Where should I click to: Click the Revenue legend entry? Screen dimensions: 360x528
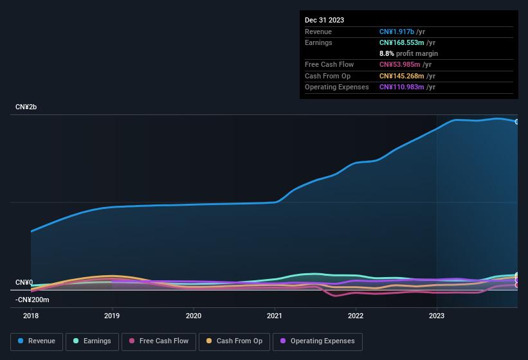[x=37, y=341]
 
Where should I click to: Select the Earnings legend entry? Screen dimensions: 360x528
[x=91, y=341]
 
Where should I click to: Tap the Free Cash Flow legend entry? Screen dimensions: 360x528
[x=159, y=341]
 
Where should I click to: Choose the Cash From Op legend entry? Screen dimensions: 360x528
[x=234, y=341]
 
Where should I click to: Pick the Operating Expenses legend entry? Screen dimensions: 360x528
[x=318, y=341]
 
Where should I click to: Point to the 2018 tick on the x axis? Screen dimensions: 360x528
[x=31, y=316]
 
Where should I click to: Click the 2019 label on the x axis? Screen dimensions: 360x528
[x=112, y=316]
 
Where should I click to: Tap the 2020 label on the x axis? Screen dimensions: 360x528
[x=193, y=316]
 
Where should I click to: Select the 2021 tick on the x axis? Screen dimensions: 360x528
[x=275, y=316]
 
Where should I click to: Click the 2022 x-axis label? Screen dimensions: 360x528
[x=356, y=316]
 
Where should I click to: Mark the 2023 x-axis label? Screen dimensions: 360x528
[x=437, y=316]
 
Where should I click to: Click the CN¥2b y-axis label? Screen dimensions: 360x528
[x=26, y=107]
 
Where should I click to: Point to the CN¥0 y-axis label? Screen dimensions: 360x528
[x=24, y=282]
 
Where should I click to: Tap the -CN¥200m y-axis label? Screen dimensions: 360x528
[x=32, y=300]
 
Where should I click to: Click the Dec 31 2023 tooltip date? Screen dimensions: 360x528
[x=324, y=20]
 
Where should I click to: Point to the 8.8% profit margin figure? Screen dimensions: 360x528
[x=386, y=53]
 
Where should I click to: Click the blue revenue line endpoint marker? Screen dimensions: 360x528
[x=516, y=122]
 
